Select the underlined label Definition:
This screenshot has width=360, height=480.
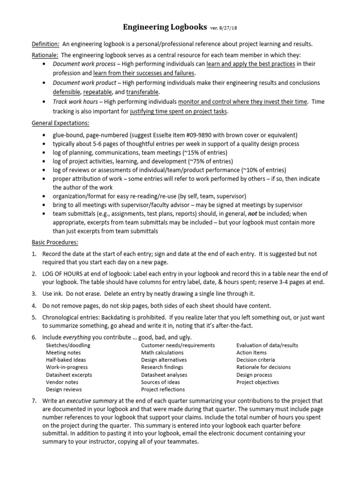coord(45,44)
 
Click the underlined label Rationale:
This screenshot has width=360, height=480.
coord(45,54)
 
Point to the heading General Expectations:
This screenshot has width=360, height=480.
coord(60,123)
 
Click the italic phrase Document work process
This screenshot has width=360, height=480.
coord(76,64)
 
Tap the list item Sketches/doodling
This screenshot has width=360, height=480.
coord(68,345)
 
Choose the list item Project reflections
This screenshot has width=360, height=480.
coord(163,389)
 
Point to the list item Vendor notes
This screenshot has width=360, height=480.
coord(62,382)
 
